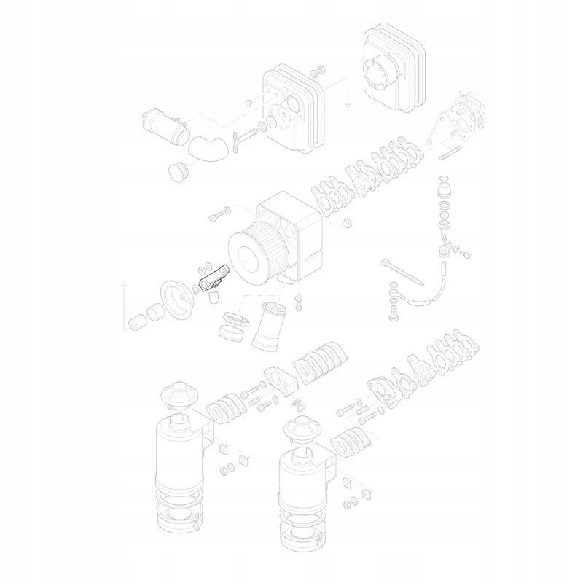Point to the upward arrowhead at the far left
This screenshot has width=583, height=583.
click(124, 281)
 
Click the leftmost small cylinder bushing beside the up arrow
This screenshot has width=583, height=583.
click(136, 322)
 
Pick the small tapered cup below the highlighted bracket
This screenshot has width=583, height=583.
click(214, 296)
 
